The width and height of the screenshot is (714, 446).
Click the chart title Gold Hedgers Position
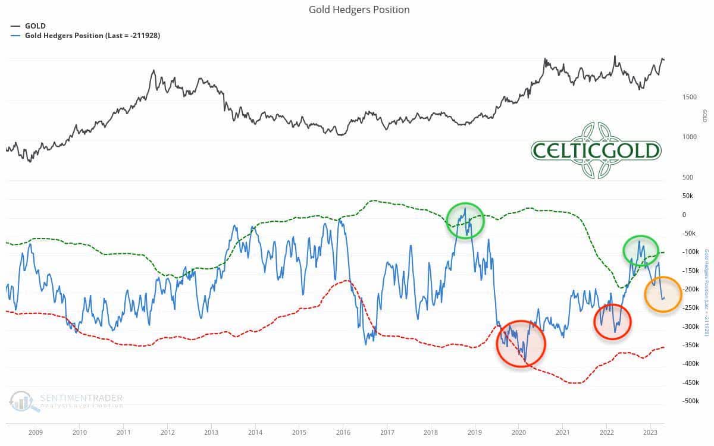pyautogui.click(x=359, y=10)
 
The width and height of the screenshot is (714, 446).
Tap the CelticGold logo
pyautogui.click(x=596, y=150)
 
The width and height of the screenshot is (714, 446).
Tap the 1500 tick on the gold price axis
pyautogui.click(x=688, y=96)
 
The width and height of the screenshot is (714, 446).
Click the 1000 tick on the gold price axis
pyautogui.click(x=688, y=137)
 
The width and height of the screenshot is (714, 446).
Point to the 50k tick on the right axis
pyautogui.click(x=688, y=196)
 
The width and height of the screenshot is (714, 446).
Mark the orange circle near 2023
pyautogui.click(x=663, y=294)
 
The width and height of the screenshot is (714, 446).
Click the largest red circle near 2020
pyautogui.click(x=521, y=344)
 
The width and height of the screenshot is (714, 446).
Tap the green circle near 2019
pyautogui.click(x=465, y=221)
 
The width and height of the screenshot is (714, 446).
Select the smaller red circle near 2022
pyautogui.click(x=612, y=322)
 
